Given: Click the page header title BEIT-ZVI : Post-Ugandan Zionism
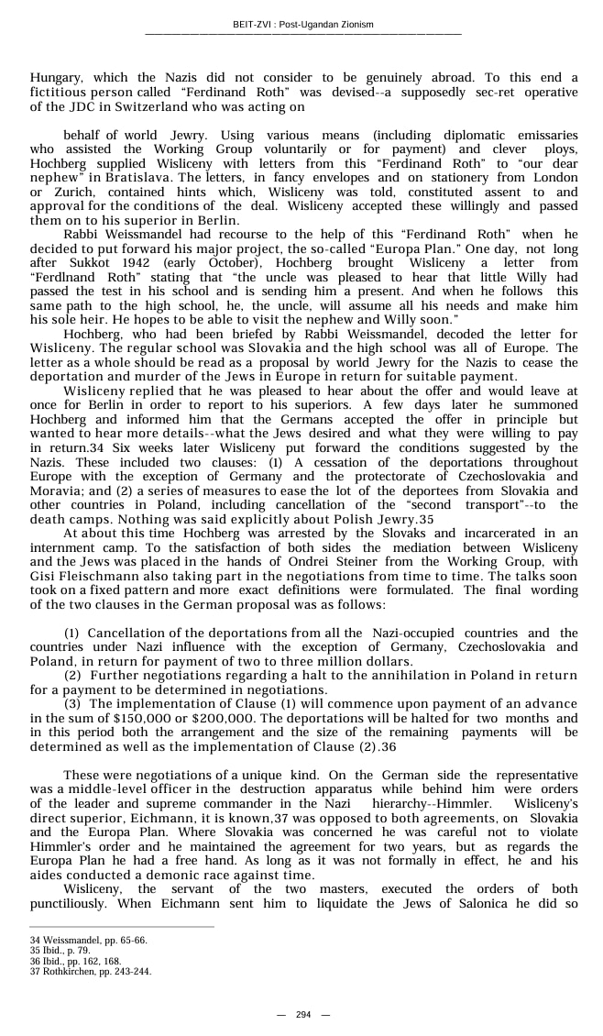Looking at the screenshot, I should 302,24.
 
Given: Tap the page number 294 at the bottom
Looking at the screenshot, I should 302,1014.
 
